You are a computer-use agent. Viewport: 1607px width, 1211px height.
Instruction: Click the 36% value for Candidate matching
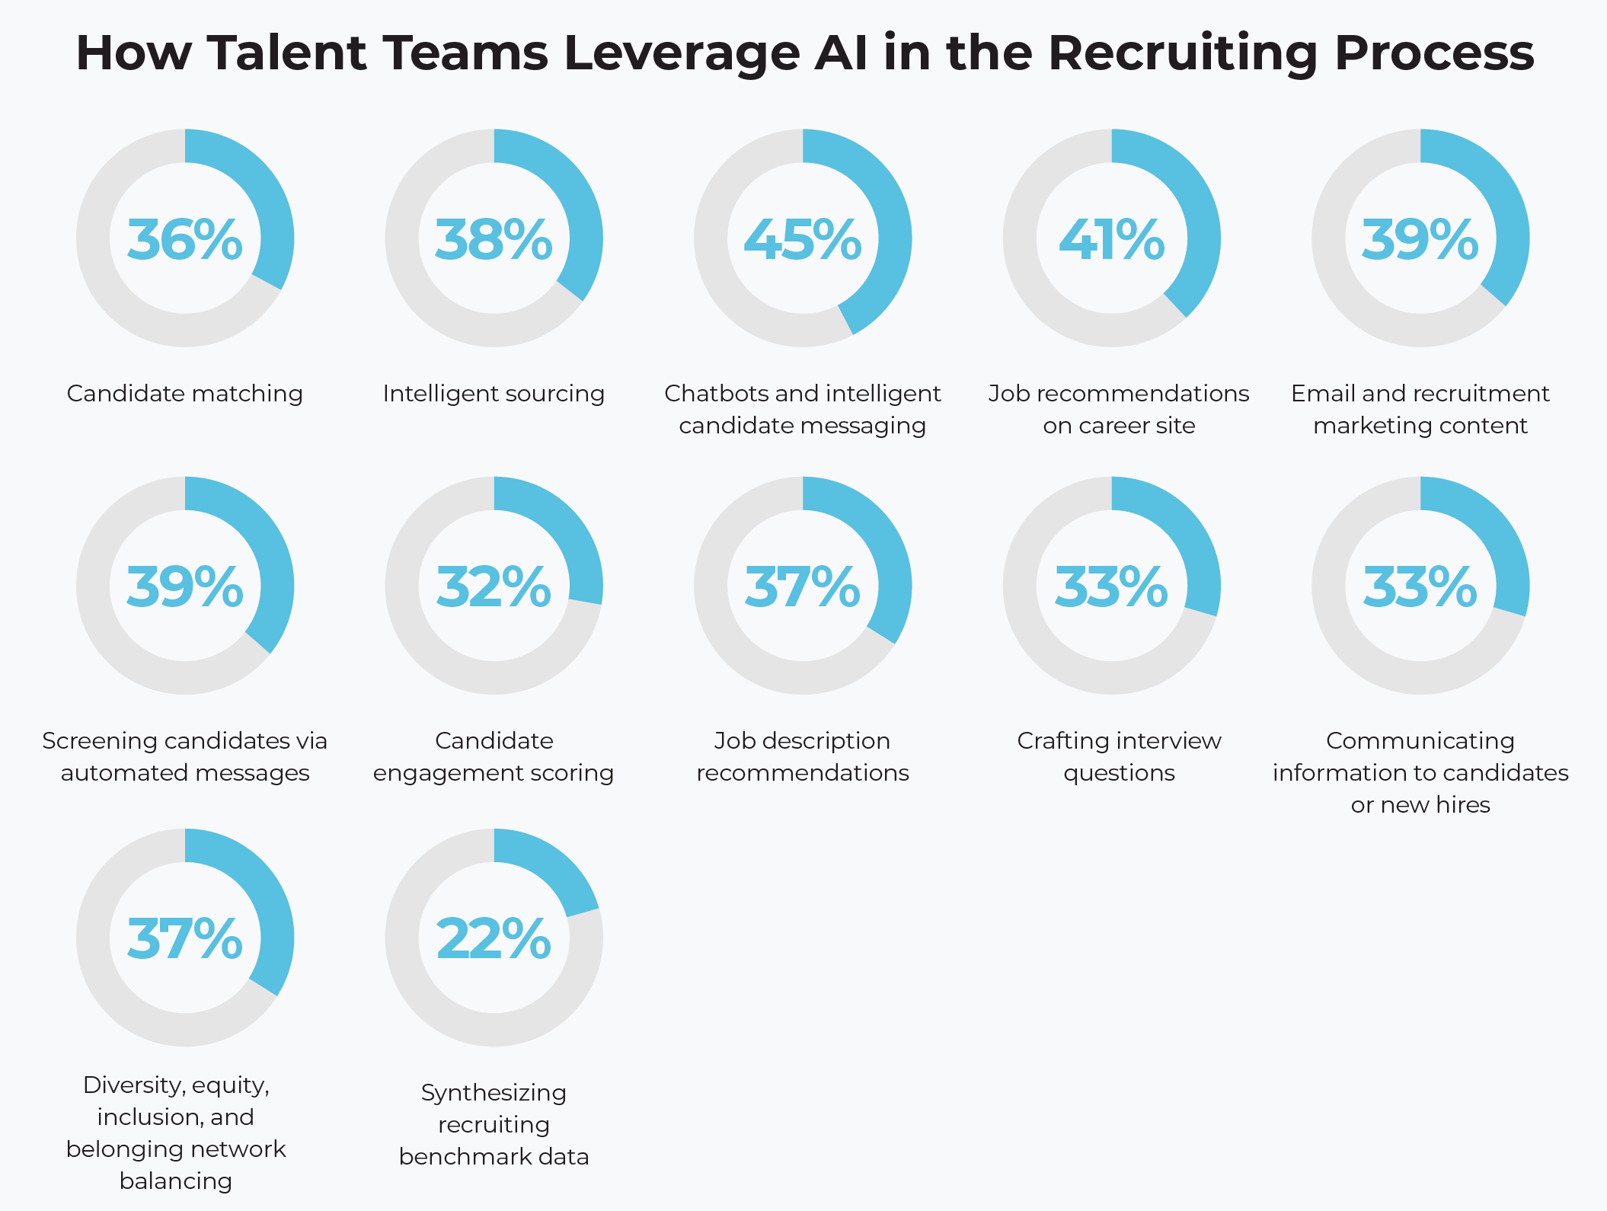point(184,240)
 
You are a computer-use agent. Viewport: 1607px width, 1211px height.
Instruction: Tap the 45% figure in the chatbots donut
point(802,240)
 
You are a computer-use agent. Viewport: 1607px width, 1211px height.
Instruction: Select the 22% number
point(494,938)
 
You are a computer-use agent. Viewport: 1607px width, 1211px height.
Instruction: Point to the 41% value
point(1111,240)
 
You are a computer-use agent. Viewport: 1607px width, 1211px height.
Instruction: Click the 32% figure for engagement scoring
point(494,587)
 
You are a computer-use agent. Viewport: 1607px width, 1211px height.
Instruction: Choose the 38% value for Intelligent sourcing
point(494,240)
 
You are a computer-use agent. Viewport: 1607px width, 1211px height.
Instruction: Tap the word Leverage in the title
point(682,53)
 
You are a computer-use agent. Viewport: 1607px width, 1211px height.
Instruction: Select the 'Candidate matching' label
point(184,394)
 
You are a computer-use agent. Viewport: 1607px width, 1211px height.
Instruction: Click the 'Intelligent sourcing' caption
point(494,394)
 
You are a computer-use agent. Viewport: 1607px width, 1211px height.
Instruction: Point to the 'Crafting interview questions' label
point(1119,756)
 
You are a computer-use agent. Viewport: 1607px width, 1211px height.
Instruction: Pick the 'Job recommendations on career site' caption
point(1119,409)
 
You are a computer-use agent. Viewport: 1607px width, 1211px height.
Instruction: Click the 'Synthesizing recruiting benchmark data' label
point(494,1124)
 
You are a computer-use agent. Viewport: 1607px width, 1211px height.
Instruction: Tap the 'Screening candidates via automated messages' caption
point(184,756)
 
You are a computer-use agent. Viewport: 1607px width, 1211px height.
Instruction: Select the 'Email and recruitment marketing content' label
point(1420,409)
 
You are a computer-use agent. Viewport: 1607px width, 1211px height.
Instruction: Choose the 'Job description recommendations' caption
point(802,756)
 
